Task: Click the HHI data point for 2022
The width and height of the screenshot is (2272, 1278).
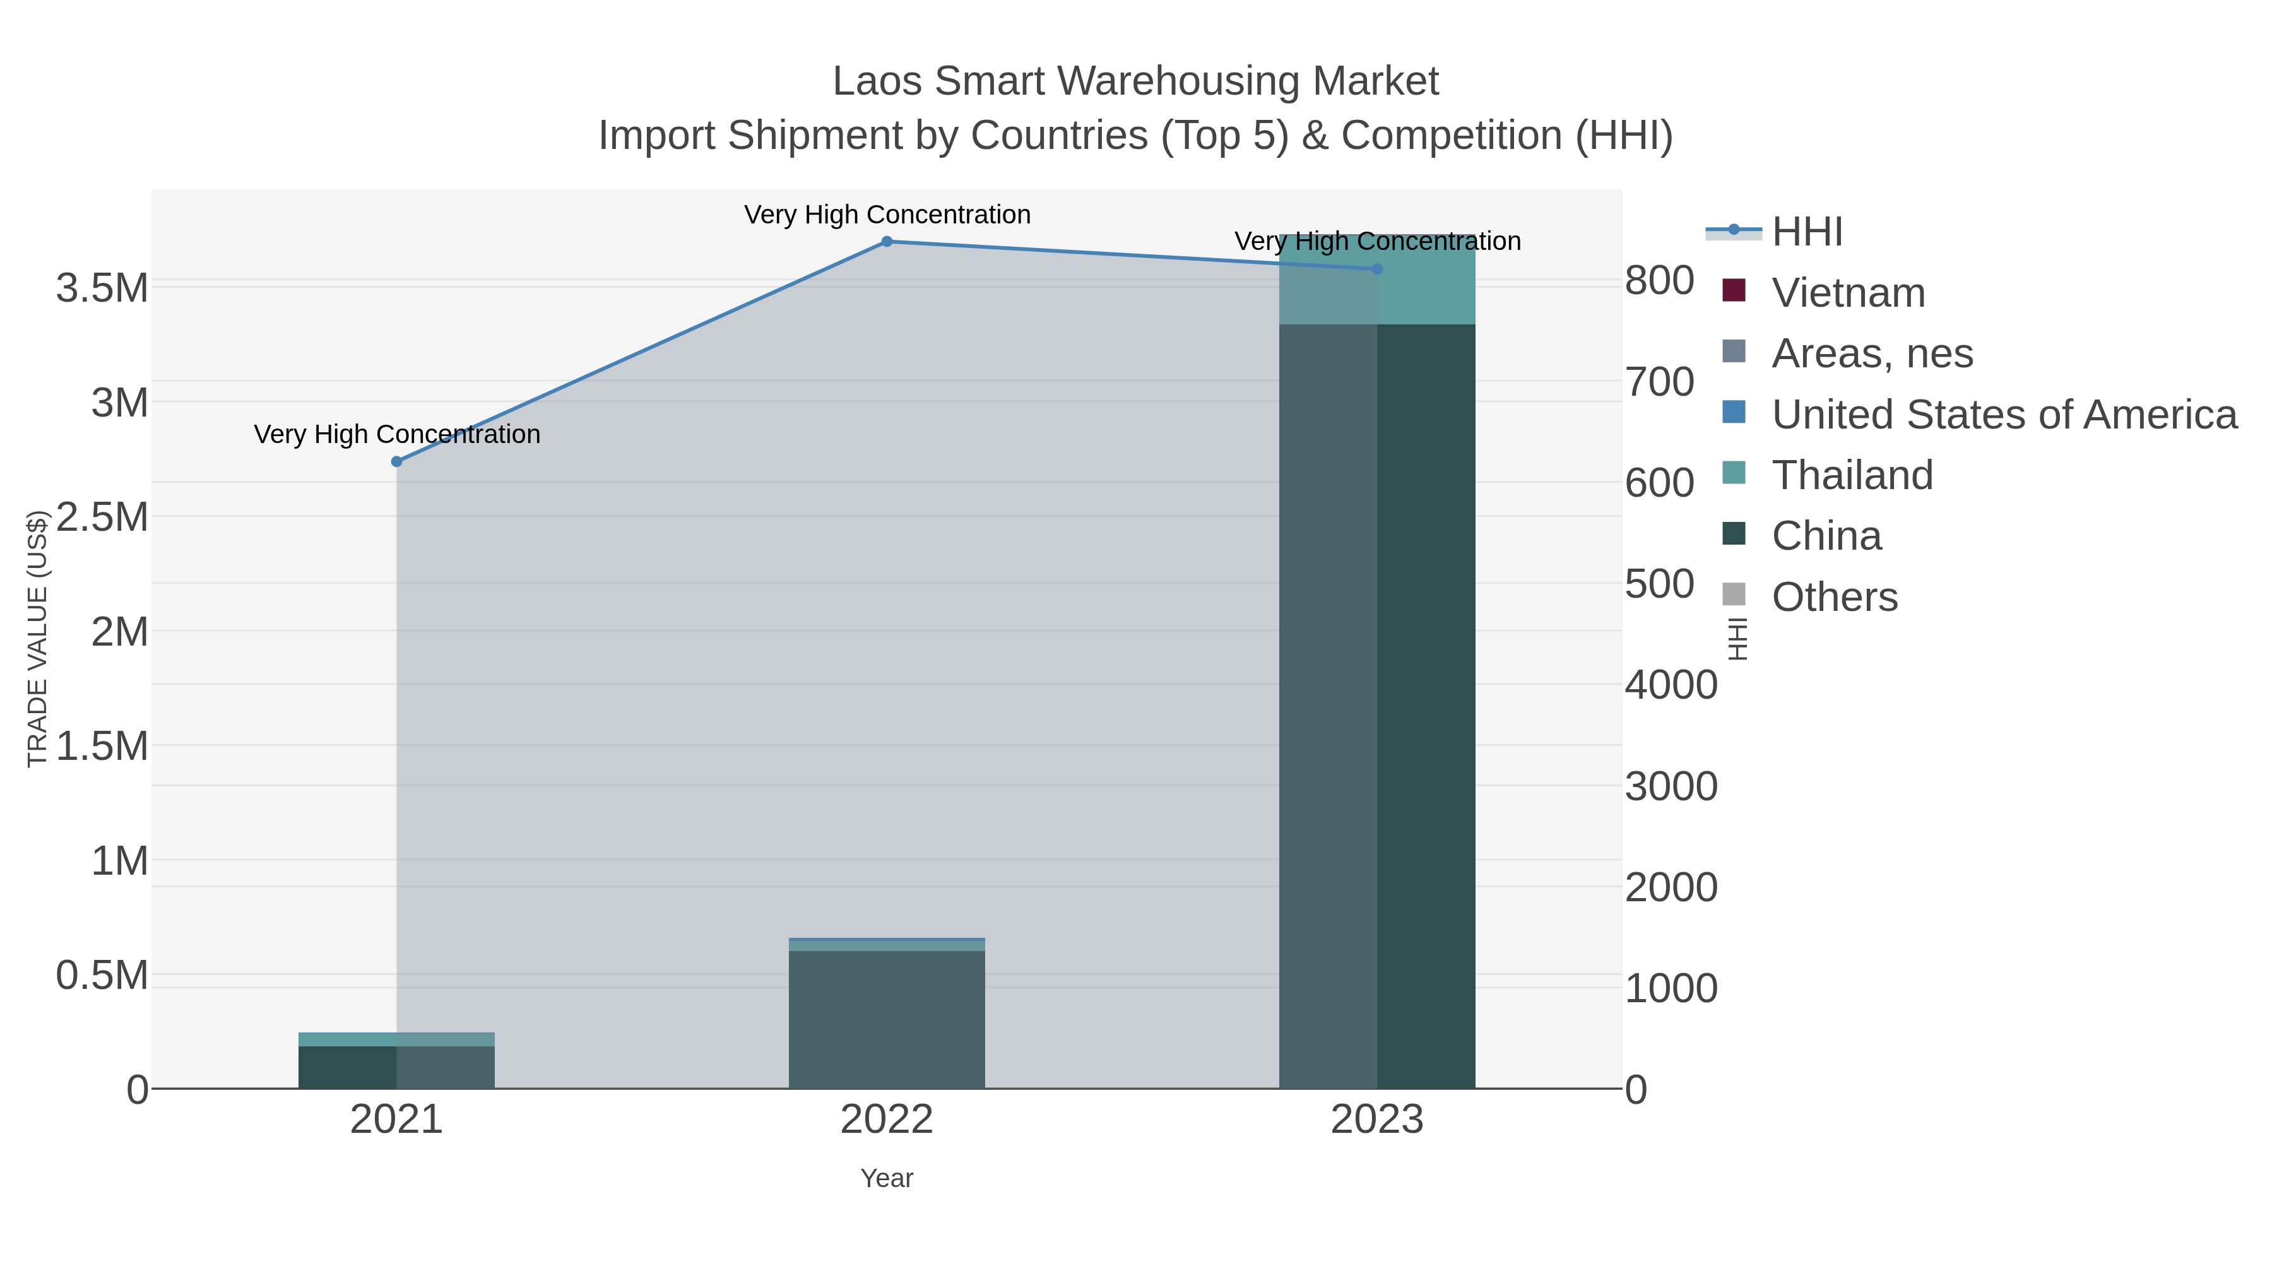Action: pyautogui.click(x=887, y=242)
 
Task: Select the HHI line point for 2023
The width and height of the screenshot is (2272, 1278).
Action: pyautogui.click(x=1377, y=269)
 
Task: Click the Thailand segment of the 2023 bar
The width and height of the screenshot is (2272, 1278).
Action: pyautogui.click(x=1377, y=280)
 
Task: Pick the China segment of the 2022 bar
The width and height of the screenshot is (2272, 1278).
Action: pyautogui.click(x=887, y=1019)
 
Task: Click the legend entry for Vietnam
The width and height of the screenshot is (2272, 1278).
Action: pyautogui.click(x=1848, y=293)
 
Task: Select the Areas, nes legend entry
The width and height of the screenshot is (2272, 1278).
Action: pyautogui.click(x=1872, y=353)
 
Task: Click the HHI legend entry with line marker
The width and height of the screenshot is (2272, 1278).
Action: pyautogui.click(x=1806, y=232)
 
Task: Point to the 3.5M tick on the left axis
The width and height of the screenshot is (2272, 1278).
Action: pyautogui.click(x=102, y=288)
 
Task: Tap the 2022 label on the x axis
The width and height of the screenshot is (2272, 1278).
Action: pyautogui.click(x=887, y=1120)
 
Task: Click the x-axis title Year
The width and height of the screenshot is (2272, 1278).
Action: pyautogui.click(x=887, y=1178)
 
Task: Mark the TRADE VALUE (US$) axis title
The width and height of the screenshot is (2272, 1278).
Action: pyautogui.click(x=37, y=639)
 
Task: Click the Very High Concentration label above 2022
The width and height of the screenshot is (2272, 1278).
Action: pyautogui.click(x=887, y=215)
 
